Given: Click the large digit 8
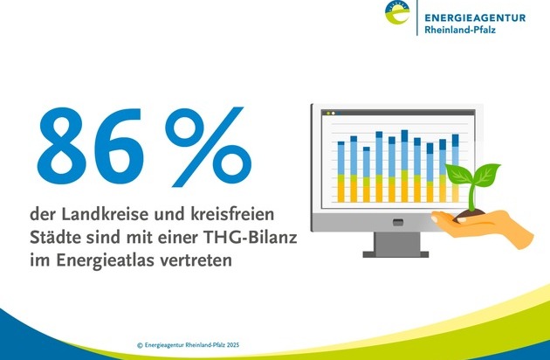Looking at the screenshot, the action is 62,146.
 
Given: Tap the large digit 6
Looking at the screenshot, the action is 120,146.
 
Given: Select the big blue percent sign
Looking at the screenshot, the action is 209,147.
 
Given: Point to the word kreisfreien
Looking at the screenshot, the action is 232,214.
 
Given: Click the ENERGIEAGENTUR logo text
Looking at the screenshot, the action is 475,17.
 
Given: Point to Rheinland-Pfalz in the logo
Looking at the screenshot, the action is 460,30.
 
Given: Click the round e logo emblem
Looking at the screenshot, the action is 397,12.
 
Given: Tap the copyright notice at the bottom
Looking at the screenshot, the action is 188,345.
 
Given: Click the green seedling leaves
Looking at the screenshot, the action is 472,173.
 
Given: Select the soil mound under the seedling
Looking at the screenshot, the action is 470,214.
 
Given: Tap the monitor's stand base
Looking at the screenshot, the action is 395,254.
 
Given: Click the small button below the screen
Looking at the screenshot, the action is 398,222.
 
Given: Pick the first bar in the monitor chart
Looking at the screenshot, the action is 341,172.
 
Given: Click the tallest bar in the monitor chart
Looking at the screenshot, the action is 404,166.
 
